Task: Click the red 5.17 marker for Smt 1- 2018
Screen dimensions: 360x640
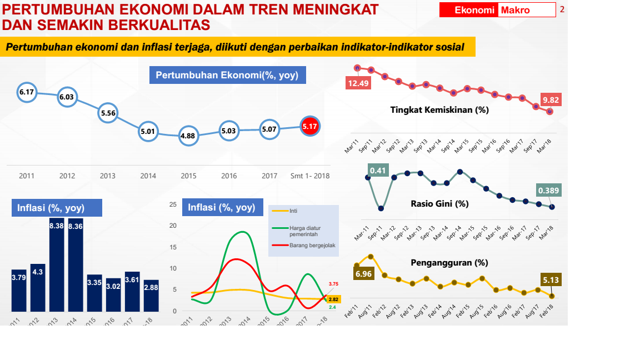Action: [310, 127]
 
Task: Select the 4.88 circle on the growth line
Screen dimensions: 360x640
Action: [189, 136]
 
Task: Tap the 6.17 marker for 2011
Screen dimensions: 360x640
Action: [27, 92]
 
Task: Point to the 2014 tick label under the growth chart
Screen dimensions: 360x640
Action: [148, 176]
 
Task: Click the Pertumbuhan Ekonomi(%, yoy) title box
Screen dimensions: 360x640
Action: [227, 75]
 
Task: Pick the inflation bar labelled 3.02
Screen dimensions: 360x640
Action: [113, 294]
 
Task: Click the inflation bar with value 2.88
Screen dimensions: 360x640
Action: [151, 296]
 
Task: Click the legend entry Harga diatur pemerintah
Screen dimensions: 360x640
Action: [305, 231]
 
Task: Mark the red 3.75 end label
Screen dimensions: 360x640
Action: [333, 284]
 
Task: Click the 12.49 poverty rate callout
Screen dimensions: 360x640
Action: [358, 83]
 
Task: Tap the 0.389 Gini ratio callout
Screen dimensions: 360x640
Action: [549, 191]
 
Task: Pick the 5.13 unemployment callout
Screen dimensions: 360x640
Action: [551, 280]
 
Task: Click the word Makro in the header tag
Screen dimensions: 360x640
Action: [515, 10]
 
